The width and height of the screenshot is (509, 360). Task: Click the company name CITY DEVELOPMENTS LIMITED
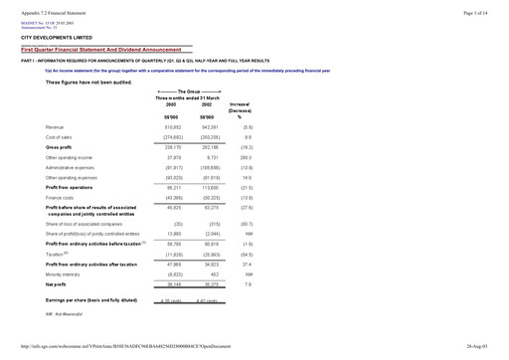pos(56,36)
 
